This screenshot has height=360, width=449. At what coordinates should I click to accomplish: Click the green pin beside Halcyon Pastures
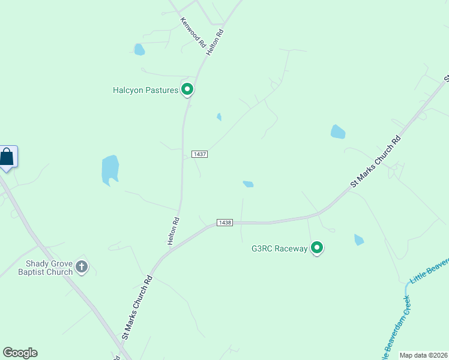pyautogui.click(x=187, y=90)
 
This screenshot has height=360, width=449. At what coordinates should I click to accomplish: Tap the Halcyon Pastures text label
pyautogui.click(x=145, y=91)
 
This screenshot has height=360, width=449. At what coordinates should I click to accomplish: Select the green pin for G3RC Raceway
pyautogui.click(x=317, y=247)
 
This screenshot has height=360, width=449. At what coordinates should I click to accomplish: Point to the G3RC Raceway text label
pyautogui.click(x=279, y=248)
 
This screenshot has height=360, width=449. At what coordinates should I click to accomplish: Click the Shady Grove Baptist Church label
pyautogui.click(x=49, y=268)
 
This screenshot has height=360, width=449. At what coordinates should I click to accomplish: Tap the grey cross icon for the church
pyautogui.click(x=82, y=267)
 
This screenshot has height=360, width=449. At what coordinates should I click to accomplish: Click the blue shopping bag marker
pyautogui.click(x=7, y=157)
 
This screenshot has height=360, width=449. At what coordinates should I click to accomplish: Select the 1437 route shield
pyautogui.click(x=200, y=154)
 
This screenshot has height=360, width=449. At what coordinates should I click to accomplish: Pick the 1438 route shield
pyautogui.click(x=224, y=223)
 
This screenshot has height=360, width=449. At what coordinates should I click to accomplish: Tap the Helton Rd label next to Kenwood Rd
pyautogui.click(x=215, y=43)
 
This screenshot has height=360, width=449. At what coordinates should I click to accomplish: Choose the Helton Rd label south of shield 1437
pyautogui.click(x=173, y=230)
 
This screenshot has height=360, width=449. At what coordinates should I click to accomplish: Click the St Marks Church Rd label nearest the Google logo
pyautogui.click(x=137, y=308)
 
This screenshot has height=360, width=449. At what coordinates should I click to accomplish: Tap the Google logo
pyautogui.click(x=20, y=353)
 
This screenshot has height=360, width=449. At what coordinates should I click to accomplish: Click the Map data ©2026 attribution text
pyautogui.click(x=424, y=355)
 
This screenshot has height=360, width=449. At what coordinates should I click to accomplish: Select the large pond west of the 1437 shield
pyautogui.click(x=110, y=169)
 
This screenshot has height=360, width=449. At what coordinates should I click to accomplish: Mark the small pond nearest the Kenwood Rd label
pyautogui.click(x=139, y=49)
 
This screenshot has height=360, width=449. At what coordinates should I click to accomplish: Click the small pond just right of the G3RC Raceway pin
pyautogui.click(x=359, y=240)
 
